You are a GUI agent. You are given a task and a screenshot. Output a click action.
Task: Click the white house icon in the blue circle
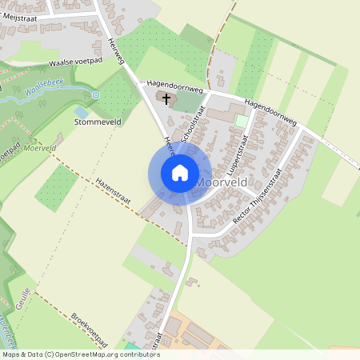click(180, 173)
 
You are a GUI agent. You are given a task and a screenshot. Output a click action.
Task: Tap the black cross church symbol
click(166, 99)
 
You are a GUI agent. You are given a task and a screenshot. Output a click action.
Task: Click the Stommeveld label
click(98, 123)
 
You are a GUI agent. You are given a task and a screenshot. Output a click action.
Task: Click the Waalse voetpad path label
click(75, 61)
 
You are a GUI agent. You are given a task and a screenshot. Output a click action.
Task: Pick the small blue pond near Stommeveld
click(81, 113)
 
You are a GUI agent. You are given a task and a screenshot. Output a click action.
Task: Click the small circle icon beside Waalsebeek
click(96, 95)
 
